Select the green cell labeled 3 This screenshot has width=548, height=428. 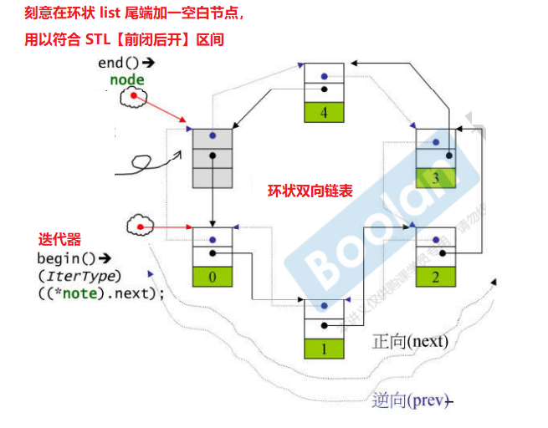(x=437, y=177)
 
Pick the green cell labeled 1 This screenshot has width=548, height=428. (x=323, y=346)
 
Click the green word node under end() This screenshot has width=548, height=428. (x=127, y=79)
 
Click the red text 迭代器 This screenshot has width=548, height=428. (x=61, y=239)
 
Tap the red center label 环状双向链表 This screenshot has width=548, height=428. (x=310, y=191)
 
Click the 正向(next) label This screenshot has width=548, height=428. (x=410, y=341)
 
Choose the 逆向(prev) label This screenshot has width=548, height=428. (x=409, y=400)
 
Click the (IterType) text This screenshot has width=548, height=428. (x=79, y=276)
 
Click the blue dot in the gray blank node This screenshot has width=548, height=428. (x=213, y=135)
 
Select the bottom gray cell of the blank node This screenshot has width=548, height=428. (x=213, y=177)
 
